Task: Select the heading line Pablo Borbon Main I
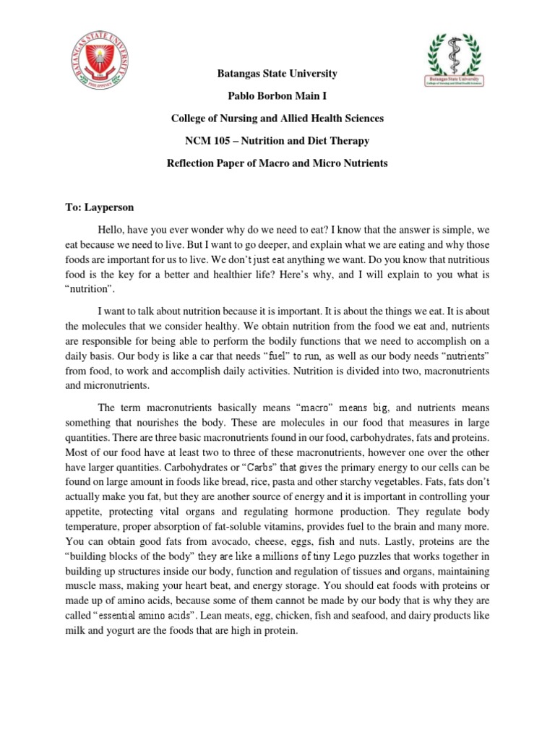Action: (x=277, y=96)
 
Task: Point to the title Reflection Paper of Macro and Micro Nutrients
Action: (x=277, y=163)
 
